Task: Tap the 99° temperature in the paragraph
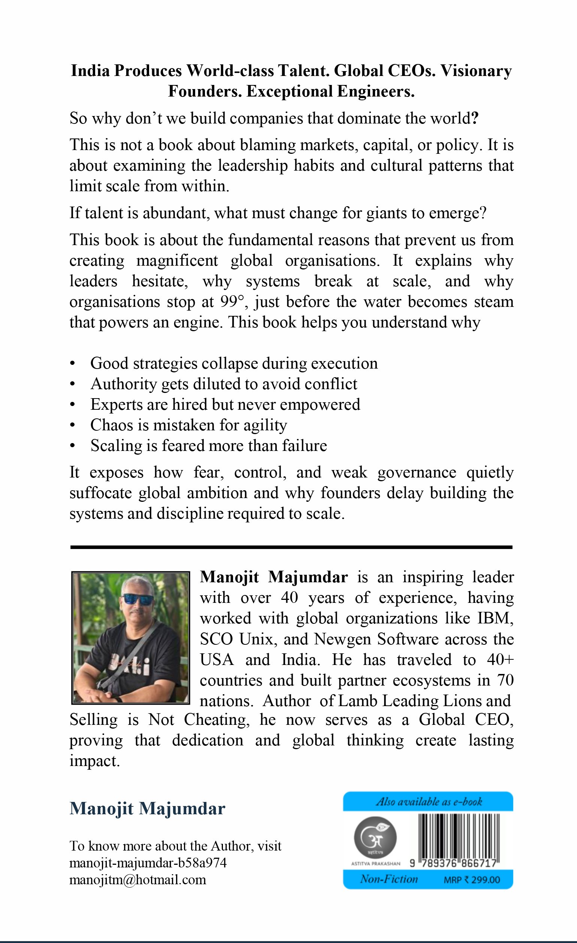coord(232,302)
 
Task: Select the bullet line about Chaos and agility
coord(188,425)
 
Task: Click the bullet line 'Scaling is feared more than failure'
coord(208,446)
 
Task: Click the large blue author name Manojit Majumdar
coord(148,809)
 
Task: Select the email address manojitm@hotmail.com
coord(138,880)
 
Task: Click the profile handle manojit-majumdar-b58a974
coord(148,863)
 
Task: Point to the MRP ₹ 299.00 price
coord(472,880)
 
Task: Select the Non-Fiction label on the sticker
coord(389,879)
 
